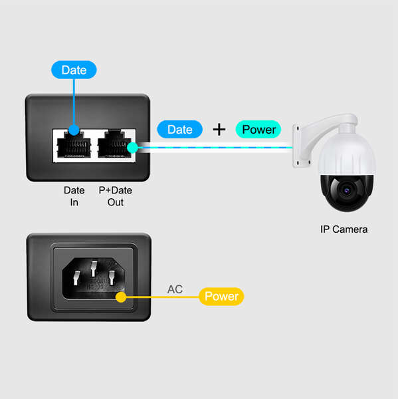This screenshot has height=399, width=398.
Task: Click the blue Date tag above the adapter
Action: point(74,70)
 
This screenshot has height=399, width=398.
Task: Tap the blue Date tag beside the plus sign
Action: point(179,130)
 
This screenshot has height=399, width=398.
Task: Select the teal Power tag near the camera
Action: point(258,130)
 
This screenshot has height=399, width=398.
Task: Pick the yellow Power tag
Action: point(221,297)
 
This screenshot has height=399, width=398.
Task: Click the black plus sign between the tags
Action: point(219,130)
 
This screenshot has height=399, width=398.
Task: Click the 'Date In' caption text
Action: point(74,196)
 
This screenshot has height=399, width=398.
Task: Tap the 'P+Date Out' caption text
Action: point(116,196)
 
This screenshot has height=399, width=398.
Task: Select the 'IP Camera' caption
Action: point(343,229)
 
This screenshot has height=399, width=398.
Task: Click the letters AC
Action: point(175,290)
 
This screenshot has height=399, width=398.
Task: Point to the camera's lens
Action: point(346,190)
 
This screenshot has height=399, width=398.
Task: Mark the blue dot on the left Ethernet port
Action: point(74,131)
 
